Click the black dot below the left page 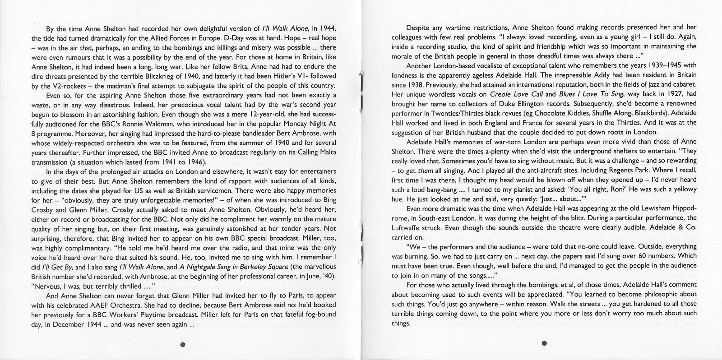183,344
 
